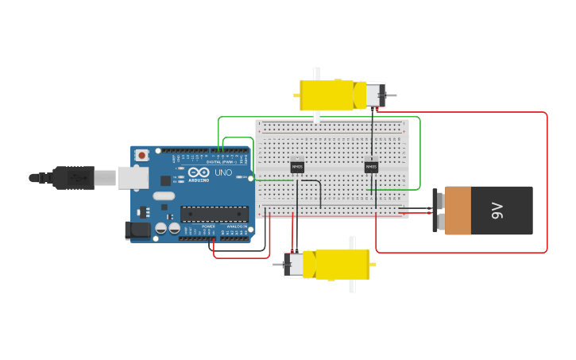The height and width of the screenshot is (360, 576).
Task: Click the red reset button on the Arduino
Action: [141, 155]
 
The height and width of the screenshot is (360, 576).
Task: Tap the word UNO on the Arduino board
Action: [223, 172]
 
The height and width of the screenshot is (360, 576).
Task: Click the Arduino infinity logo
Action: [195, 172]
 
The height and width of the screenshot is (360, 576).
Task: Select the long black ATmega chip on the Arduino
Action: [214, 214]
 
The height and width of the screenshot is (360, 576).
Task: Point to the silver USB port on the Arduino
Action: [133, 177]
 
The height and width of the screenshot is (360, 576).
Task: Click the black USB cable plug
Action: [75, 178]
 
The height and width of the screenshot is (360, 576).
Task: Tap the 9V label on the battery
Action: [497, 211]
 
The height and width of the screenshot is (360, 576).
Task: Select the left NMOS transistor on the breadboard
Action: [297, 167]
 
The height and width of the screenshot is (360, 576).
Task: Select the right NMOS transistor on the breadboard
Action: [371, 167]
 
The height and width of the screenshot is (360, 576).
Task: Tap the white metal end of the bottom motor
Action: [295, 265]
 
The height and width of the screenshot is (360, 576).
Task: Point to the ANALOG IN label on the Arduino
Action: [237, 226]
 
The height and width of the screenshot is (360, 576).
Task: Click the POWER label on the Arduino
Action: [208, 226]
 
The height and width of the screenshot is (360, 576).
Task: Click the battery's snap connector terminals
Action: [436, 211]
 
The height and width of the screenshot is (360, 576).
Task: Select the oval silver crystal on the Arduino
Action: [164, 195]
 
